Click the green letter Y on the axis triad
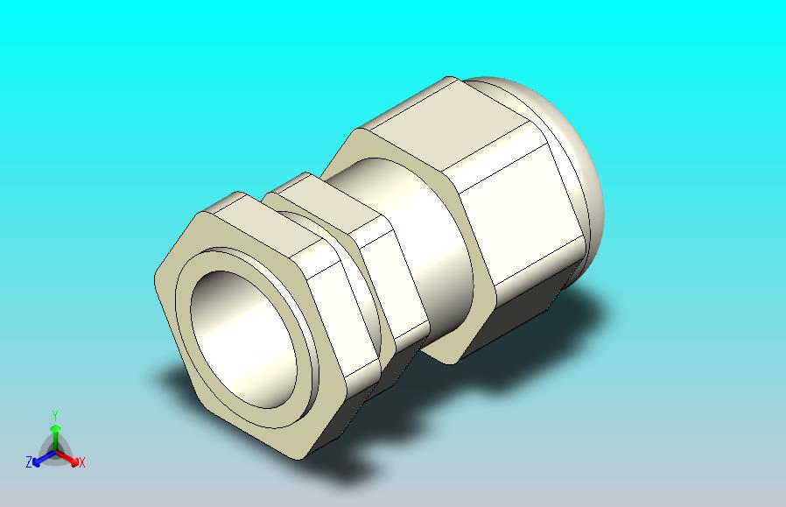(56, 416)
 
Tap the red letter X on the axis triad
(81, 462)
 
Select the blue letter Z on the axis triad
(29, 461)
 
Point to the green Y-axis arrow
(56, 438)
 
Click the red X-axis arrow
(67, 458)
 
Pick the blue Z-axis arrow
(44, 458)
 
